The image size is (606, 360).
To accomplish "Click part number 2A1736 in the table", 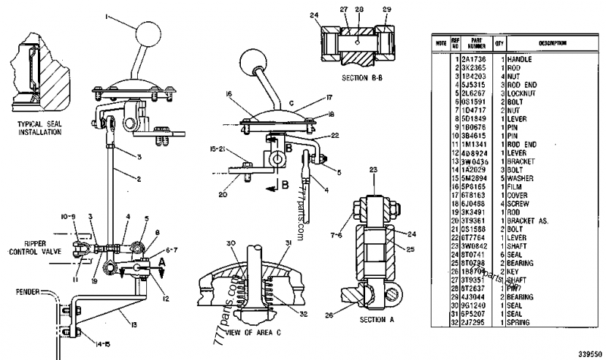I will point(475,58).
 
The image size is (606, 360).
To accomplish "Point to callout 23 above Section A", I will point(373,169).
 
